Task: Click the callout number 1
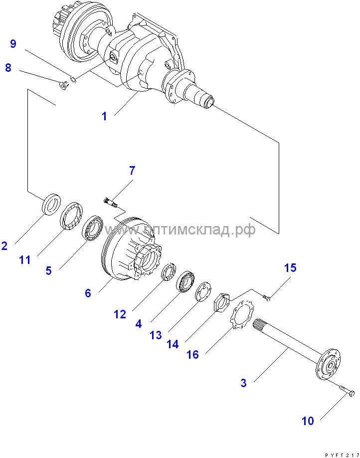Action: (104, 116)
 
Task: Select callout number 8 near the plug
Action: (8, 67)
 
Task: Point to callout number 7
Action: (132, 171)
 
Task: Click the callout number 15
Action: (290, 268)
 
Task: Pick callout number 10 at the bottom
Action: (308, 421)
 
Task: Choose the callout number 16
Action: (192, 354)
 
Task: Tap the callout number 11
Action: (25, 259)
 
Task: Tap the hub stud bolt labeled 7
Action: (110, 202)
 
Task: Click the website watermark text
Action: (180, 229)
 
